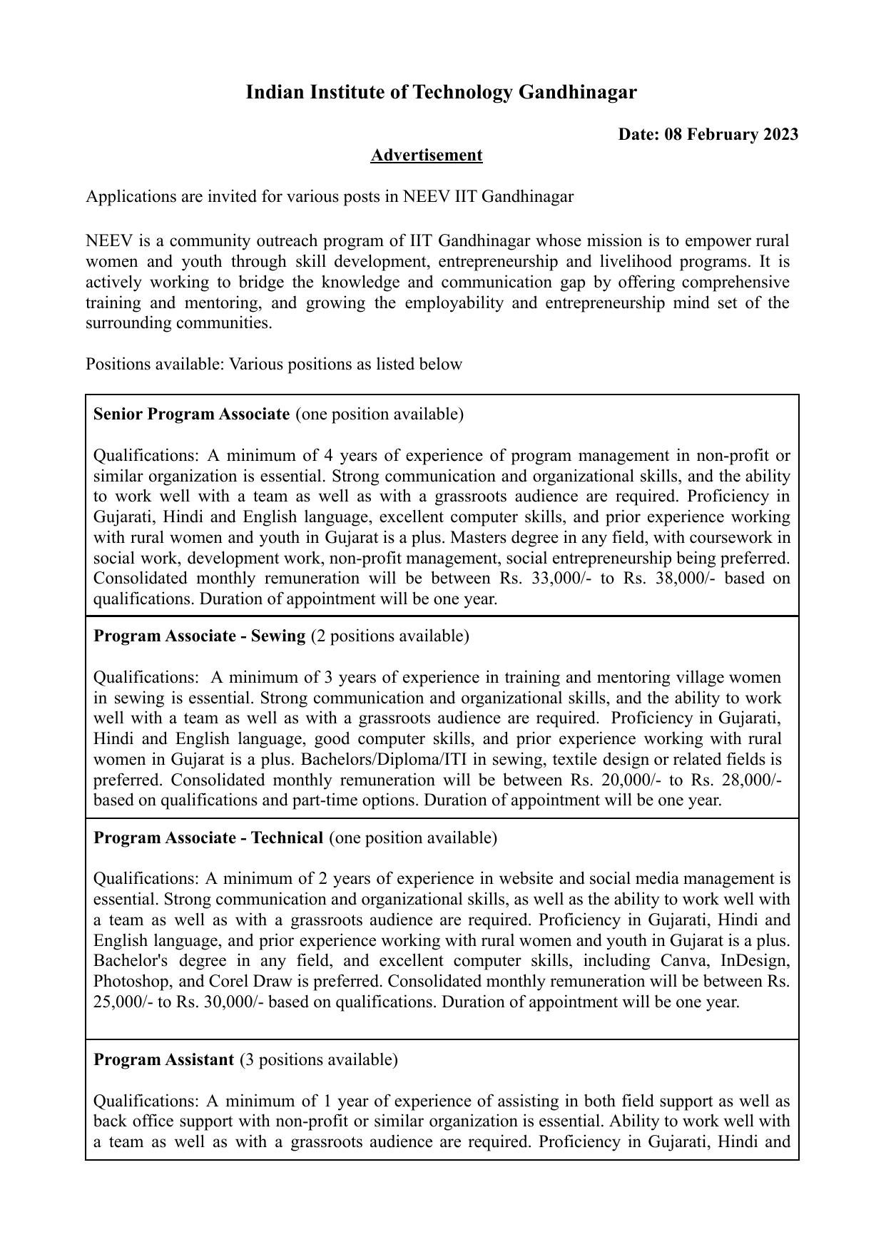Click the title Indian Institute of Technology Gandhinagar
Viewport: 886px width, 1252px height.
point(441,92)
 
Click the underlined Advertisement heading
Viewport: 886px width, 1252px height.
point(426,156)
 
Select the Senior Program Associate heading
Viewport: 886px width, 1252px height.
point(191,414)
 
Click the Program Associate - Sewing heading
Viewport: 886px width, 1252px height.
point(199,636)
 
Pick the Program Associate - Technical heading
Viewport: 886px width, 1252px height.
point(208,838)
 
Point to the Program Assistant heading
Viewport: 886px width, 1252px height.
point(163,1059)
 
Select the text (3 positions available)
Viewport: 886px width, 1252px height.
point(319,1059)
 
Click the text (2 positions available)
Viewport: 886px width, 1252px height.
point(390,636)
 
